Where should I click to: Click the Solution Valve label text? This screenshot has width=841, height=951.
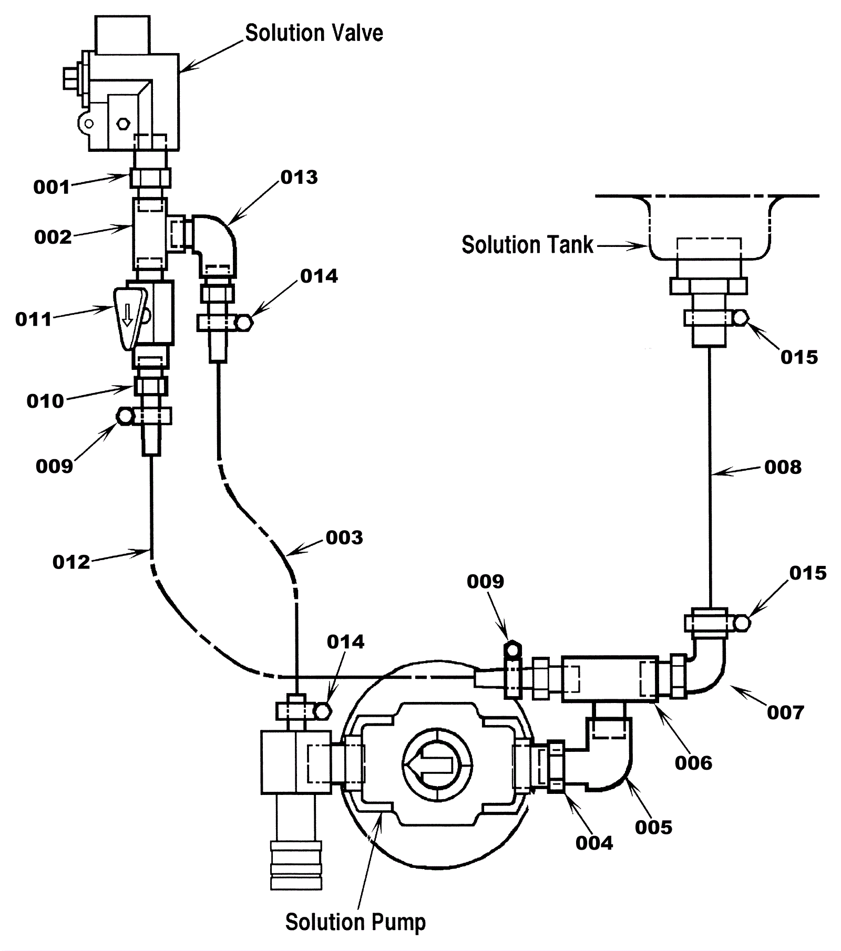(x=314, y=34)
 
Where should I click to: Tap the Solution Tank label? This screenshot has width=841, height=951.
(x=527, y=245)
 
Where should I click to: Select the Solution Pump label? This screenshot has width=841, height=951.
(x=355, y=922)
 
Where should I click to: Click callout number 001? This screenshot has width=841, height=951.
(x=52, y=187)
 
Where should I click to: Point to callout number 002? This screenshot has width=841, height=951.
(x=53, y=237)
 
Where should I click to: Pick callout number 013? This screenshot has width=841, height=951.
(x=299, y=178)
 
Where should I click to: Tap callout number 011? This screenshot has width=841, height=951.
(x=34, y=319)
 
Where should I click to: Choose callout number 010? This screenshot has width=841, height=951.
(x=45, y=401)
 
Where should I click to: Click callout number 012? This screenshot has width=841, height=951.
(x=71, y=562)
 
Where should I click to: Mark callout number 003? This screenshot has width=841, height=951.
(x=344, y=537)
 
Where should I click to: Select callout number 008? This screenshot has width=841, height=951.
(x=783, y=467)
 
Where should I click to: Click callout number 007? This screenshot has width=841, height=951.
(x=785, y=712)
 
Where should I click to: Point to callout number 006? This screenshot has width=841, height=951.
(x=693, y=763)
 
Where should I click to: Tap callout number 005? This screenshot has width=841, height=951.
(x=653, y=828)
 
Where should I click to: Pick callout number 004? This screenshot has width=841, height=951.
(x=594, y=843)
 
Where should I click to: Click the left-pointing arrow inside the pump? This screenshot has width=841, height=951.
(x=433, y=765)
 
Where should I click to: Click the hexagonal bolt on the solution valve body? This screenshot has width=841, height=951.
(x=122, y=124)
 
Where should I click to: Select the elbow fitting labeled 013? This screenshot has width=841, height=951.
(x=216, y=242)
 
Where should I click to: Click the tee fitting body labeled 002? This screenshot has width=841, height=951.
(x=149, y=233)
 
